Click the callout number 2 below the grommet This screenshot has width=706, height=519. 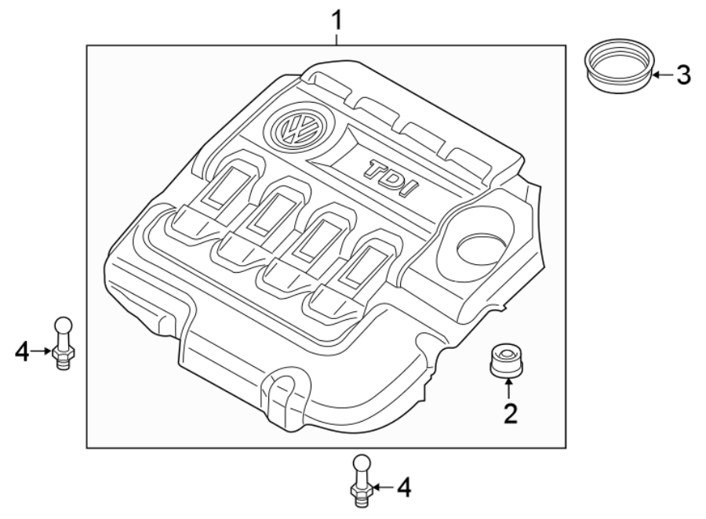510,413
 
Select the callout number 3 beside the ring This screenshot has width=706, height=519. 683,75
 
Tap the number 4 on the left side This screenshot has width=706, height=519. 23,352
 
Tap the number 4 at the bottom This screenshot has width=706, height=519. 402,488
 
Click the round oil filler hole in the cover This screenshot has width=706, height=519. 481,249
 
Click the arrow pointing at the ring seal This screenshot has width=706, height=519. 662,75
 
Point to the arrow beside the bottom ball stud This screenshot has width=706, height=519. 380,488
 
